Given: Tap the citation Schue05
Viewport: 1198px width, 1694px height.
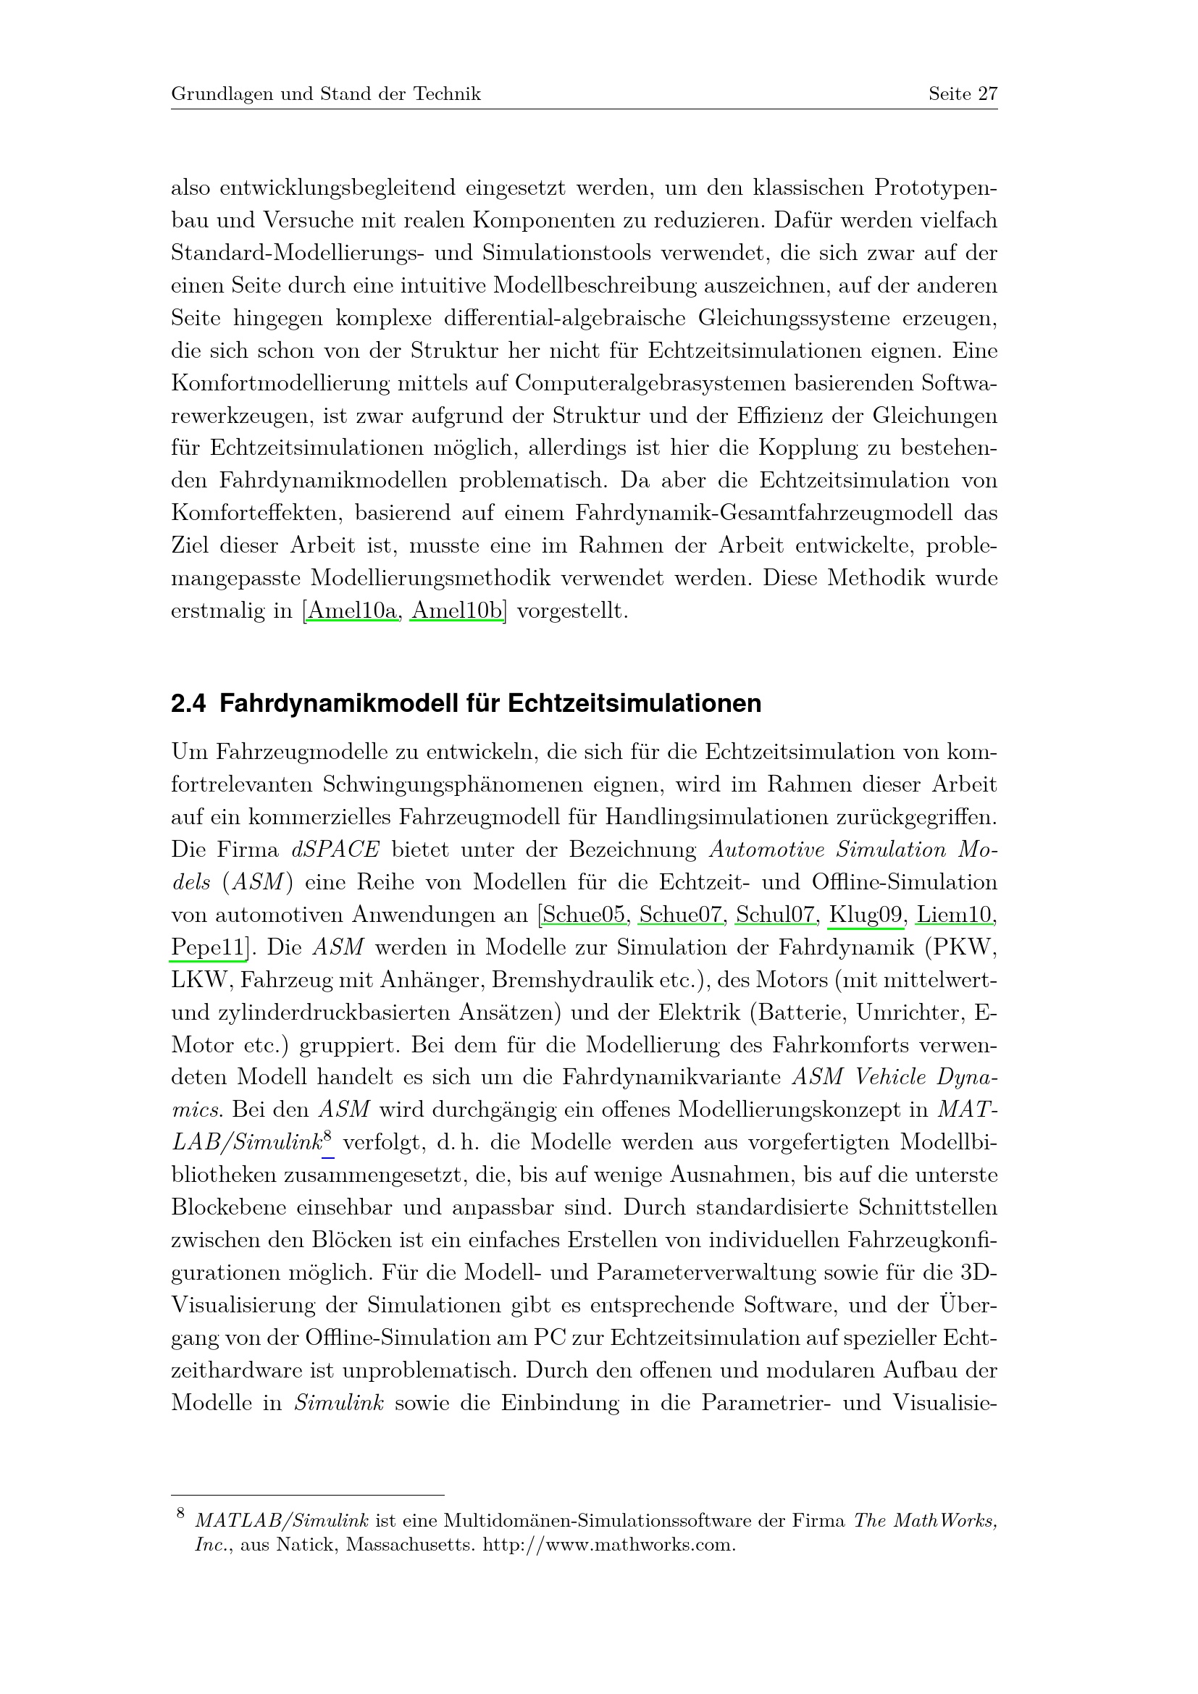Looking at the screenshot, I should [585, 915].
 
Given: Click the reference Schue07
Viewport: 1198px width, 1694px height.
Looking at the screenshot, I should [681, 915].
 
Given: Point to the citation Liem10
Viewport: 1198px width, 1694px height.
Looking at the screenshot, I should [955, 915].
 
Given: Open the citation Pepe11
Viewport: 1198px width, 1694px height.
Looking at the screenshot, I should [207, 947].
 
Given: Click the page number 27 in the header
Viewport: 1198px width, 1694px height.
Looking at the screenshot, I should [988, 93].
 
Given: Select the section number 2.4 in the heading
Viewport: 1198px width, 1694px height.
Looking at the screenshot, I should [188, 704].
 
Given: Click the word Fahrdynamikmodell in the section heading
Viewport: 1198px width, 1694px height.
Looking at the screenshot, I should [336, 704].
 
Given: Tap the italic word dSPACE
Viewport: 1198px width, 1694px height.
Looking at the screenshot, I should [335, 850].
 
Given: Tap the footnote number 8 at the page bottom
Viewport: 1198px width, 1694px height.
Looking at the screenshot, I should [179, 1514].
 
